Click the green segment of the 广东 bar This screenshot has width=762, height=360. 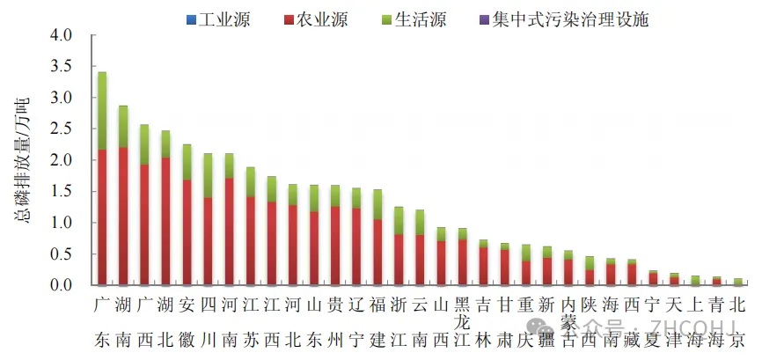tap(102, 111)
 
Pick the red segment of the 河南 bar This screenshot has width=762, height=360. tap(229, 231)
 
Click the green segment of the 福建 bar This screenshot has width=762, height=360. tap(377, 204)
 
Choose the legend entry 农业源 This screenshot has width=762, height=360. tap(313, 19)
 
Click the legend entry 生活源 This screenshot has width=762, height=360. tap(414, 19)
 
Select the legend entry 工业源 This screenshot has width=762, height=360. tap(216, 19)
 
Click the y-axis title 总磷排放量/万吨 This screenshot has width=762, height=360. tap(24, 160)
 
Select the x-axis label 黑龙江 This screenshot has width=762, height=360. tap(462, 322)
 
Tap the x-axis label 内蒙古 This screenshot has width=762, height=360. tap(568, 322)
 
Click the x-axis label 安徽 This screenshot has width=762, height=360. tap(187, 322)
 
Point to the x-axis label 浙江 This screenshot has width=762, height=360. tap(399, 322)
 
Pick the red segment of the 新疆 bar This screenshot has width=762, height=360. tap(546, 271)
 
